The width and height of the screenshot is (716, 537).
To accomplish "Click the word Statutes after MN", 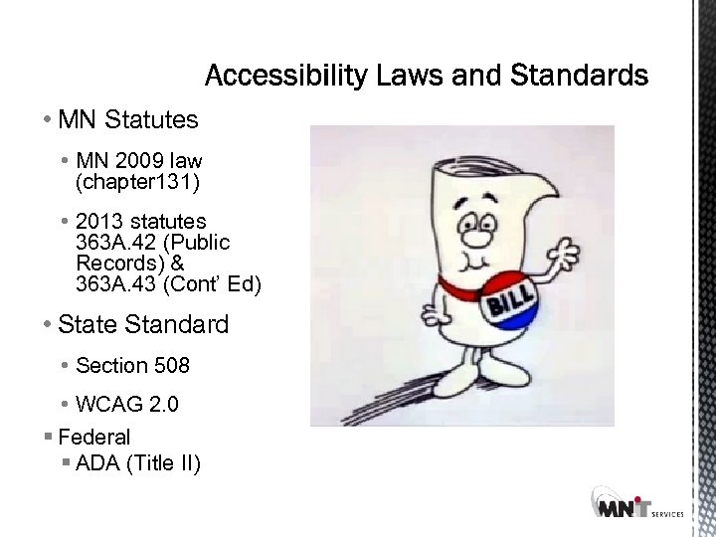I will click(x=151, y=120).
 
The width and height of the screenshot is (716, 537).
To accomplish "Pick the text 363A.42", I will click(x=112, y=243).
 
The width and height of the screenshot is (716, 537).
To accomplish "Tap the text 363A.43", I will click(x=112, y=285).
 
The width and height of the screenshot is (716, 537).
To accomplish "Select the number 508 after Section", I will click(x=171, y=366).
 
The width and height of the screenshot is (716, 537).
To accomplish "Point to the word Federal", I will click(x=94, y=437).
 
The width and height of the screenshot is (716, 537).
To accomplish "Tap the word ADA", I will click(x=98, y=462).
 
